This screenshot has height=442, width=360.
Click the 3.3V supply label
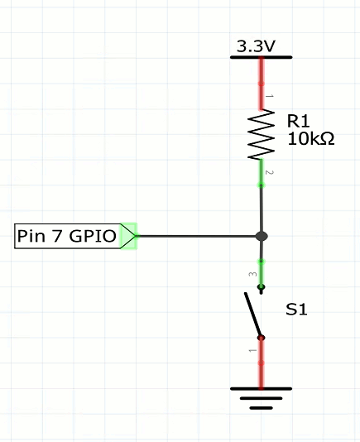tap(256, 46)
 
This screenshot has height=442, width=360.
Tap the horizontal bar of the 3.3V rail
tap(261, 57)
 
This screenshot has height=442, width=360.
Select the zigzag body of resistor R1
tap(261, 135)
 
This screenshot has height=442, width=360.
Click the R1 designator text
tap(298, 121)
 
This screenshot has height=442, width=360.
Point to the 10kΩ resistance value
tap(311, 139)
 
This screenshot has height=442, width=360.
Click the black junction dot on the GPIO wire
tap(262, 236)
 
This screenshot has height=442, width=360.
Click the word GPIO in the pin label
tap(93, 236)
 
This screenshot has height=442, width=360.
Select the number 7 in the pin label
tap(57, 236)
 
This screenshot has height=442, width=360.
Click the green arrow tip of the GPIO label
tap(135, 236)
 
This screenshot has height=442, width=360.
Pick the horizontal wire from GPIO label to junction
tap(196, 236)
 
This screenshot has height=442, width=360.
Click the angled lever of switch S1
tap(253, 315)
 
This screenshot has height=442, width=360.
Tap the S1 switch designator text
tap(296, 310)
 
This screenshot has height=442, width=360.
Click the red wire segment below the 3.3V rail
tap(262, 84)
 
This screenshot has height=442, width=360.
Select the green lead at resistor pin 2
tap(261, 172)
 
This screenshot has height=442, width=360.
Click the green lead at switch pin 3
tap(262, 273)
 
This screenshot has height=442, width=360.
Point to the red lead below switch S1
tap(262, 363)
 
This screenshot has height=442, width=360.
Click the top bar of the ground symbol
tap(261, 389)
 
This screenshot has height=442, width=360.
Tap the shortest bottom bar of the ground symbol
tap(261, 407)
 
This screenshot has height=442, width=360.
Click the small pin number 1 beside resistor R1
tap(270, 96)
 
